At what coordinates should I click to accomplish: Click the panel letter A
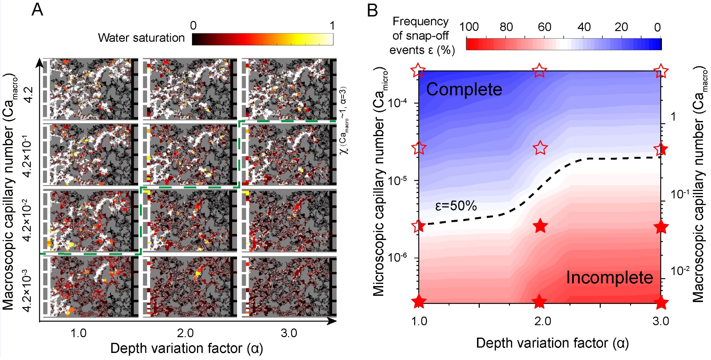coord(37,10)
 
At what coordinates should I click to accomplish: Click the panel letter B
coord(372,11)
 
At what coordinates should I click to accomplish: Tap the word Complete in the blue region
coord(464,89)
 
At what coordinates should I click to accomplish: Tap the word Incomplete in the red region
coord(609,277)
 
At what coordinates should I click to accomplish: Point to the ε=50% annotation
coord(456,206)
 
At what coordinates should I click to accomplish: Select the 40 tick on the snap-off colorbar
coord(584,27)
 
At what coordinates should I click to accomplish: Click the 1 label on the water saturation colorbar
coord(332,26)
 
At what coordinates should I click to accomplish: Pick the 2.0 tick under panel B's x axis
coord(543,321)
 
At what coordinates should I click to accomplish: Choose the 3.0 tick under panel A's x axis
coord(289,333)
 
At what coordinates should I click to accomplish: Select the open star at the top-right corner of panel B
coord(661,71)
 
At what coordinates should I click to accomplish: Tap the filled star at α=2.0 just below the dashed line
coord(540,226)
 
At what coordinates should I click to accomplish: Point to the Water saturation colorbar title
coord(141,38)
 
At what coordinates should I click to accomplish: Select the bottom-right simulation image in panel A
coord(289,287)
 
